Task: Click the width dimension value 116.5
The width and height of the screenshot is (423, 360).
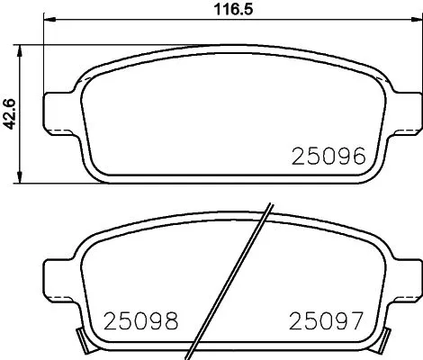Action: (x=220, y=11)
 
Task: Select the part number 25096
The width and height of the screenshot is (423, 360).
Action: (x=327, y=157)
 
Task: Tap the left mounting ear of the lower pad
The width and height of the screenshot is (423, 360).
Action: (x=59, y=274)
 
